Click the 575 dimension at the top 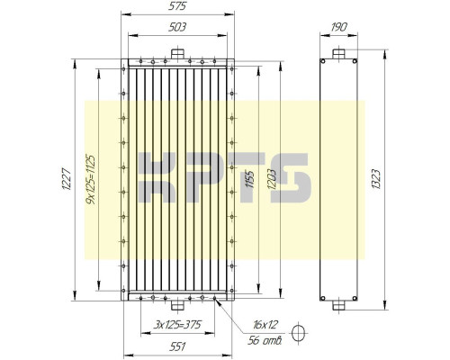tap(177, 7)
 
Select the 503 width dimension tap(177, 27)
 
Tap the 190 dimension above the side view tap(338, 27)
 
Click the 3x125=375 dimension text tap(176, 324)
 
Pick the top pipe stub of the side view tap(338, 53)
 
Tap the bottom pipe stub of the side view tap(338, 303)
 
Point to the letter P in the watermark tap(202, 178)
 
